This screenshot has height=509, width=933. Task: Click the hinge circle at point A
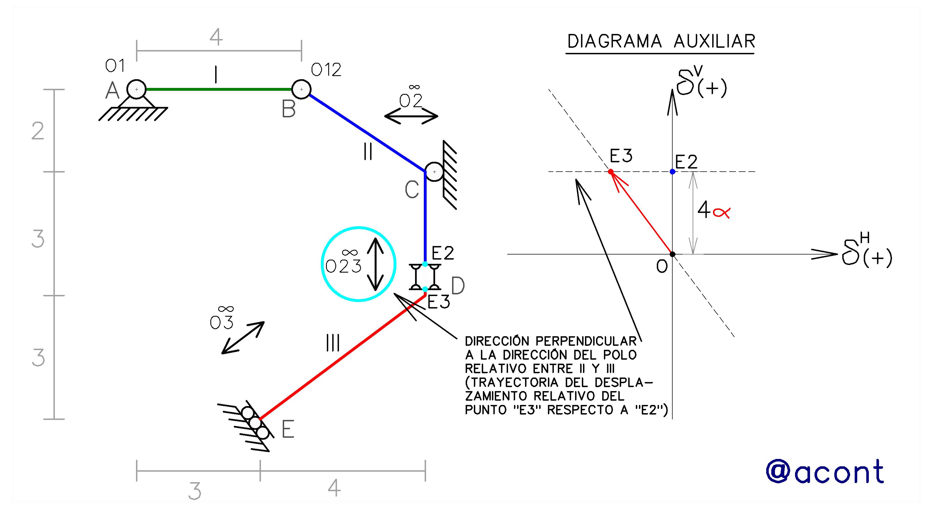pos(137,89)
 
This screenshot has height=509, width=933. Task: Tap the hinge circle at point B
pos(301,89)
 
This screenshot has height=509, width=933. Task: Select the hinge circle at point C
pos(434,172)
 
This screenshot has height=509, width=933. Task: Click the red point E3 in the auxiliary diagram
pos(611,171)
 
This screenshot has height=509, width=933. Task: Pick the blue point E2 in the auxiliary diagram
pos(673,171)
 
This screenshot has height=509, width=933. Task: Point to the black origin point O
pos(673,254)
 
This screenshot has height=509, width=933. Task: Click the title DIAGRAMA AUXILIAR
pos(661,41)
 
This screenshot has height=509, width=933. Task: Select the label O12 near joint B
pos(326,70)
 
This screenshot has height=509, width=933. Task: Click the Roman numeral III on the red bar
pos(333,343)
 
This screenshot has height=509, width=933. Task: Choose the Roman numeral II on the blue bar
pos(368,152)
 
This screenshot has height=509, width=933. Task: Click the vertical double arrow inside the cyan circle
pos(375,264)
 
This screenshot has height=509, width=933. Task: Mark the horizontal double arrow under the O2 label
pos(411,116)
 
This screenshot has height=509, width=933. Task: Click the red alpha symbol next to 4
pos(721,212)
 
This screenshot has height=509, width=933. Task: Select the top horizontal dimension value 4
pos(216,37)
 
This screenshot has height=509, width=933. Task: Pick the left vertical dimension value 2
pos(38,131)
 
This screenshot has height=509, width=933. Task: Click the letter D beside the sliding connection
pos(458,286)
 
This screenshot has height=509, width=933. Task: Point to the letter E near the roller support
pos(288,430)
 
